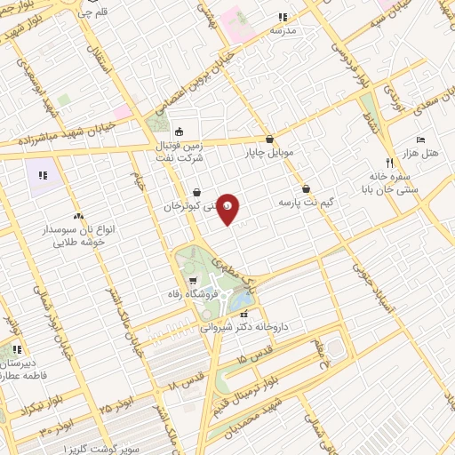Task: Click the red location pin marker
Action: pyautogui.click(x=227, y=208)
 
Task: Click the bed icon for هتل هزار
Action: pyautogui.click(x=421, y=140)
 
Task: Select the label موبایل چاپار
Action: pyautogui.click(x=269, y=153)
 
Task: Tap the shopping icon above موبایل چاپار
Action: pyautogui.click(x=269, y=139)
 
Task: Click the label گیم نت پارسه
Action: pyautogui.click(x=306, y=203)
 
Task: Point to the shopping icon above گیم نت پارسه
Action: pyautogui.click(x=306, y=188)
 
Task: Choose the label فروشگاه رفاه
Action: pyautogui.click(x=188, y=293)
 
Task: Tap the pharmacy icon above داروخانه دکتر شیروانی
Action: pyautogui.click(x=246, y=313)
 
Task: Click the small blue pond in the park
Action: pyautogui.click(x=240, y=300)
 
